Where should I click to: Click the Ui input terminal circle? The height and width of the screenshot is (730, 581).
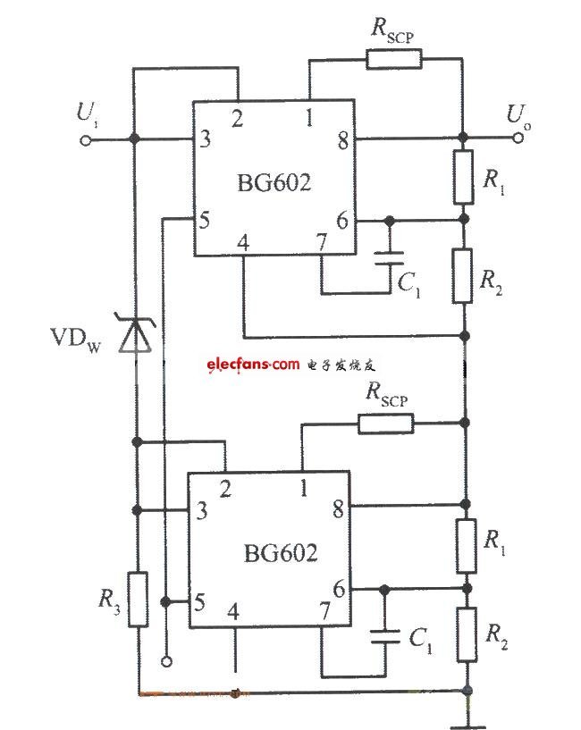click(x=86, y=139)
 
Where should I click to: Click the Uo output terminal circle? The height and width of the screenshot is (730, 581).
click(x=518, y=138)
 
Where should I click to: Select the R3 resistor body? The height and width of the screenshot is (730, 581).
click(x=138, y=600)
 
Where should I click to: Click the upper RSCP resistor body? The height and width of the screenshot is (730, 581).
click(x=393, y=59)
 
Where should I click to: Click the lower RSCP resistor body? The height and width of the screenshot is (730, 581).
click(x=386, y=424)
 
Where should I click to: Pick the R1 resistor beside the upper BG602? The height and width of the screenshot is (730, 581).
click(x=463, y=177)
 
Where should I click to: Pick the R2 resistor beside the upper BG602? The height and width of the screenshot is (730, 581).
click(x=462, y=275)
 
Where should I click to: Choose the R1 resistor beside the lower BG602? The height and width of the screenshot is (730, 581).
click(x=466, y=546)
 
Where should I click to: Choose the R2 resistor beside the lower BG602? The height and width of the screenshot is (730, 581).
click(x=467, y=634)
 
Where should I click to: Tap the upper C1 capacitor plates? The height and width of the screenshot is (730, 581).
click(x=390, y=258)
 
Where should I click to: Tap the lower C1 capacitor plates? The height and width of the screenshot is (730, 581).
click(x=384, y=636)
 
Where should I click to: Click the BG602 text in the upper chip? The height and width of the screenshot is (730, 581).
click(x=274, y=182)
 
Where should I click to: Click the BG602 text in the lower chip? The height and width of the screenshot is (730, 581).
click(x=281, y=552)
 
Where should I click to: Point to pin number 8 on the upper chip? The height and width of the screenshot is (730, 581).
click(x=343, y=140)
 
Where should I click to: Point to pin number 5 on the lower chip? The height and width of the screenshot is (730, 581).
click(x=199, y=602)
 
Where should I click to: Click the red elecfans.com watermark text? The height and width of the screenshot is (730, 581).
click(x=253, y=364)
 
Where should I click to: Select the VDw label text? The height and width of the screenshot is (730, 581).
click(x=75, y=339)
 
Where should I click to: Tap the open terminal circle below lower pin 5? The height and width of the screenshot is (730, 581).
click(x=166, y=661)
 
